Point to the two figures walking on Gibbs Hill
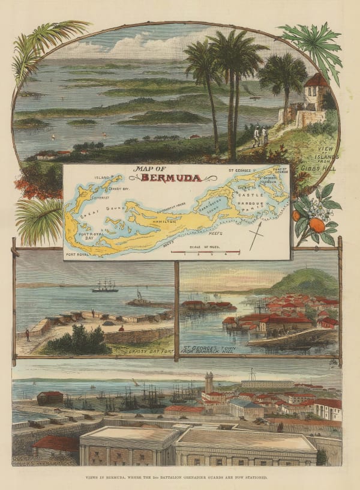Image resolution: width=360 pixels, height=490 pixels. pyautogui.click(x=260, y=135)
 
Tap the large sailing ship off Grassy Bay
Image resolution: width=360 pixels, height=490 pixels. pyautogui.click(x=105, y=287)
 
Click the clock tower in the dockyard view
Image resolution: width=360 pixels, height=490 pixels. pyautogui.click(x=209, y=384)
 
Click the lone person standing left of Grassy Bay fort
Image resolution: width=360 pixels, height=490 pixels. pyautogui.click(x=26, y=334)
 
